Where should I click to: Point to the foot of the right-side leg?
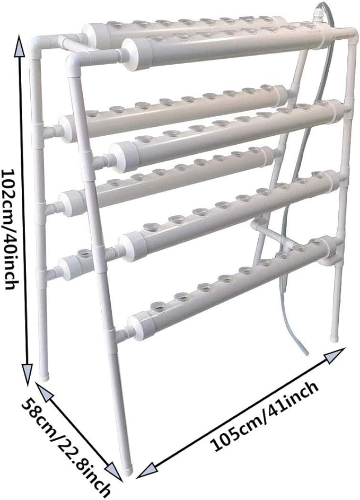(334, 338)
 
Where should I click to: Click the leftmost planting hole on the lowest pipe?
(158, 309)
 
